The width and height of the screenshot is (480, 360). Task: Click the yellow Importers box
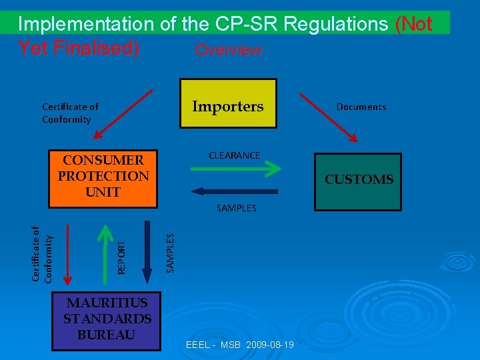[228, 103]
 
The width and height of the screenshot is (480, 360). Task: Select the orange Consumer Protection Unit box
[103, 177]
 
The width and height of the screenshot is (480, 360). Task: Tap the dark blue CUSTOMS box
[359, 180]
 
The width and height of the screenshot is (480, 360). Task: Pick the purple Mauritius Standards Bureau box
[107, 319]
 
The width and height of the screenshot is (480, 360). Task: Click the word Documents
[361, 107]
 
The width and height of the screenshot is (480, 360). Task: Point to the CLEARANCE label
[235, 155]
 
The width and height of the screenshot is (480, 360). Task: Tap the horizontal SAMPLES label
[236, 208]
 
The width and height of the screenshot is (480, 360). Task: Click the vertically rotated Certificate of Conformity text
[43, 255]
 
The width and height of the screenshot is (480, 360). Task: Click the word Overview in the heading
[228, 51]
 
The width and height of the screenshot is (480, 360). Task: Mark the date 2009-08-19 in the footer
[270, 345]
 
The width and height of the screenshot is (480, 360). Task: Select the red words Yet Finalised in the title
[78, 49]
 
